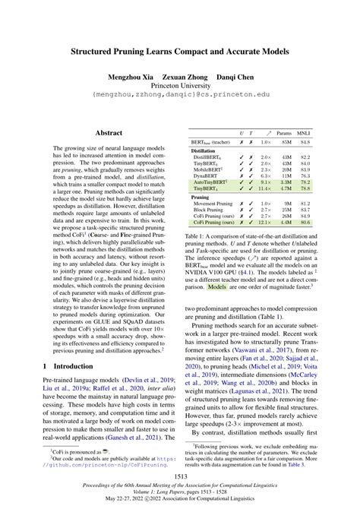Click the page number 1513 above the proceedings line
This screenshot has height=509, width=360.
tap(179, 476)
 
